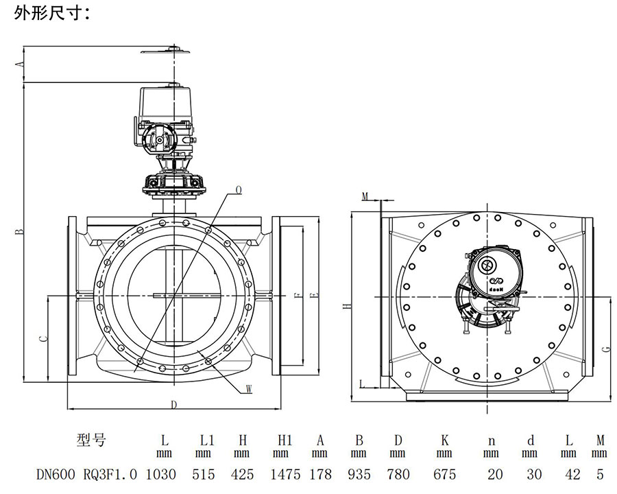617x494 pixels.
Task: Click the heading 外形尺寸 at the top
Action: pos(51,13)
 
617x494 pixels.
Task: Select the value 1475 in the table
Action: pos(281,474)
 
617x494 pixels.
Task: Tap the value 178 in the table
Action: pos(319,474)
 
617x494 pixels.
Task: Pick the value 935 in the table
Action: pos(359,474)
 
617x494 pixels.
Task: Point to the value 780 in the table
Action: pos(398,474)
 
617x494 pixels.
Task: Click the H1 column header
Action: pos(281,440)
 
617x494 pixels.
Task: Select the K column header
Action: pos(445,440)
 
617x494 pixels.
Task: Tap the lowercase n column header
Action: pos(491,440)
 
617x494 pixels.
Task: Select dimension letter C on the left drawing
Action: pos(42,338)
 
